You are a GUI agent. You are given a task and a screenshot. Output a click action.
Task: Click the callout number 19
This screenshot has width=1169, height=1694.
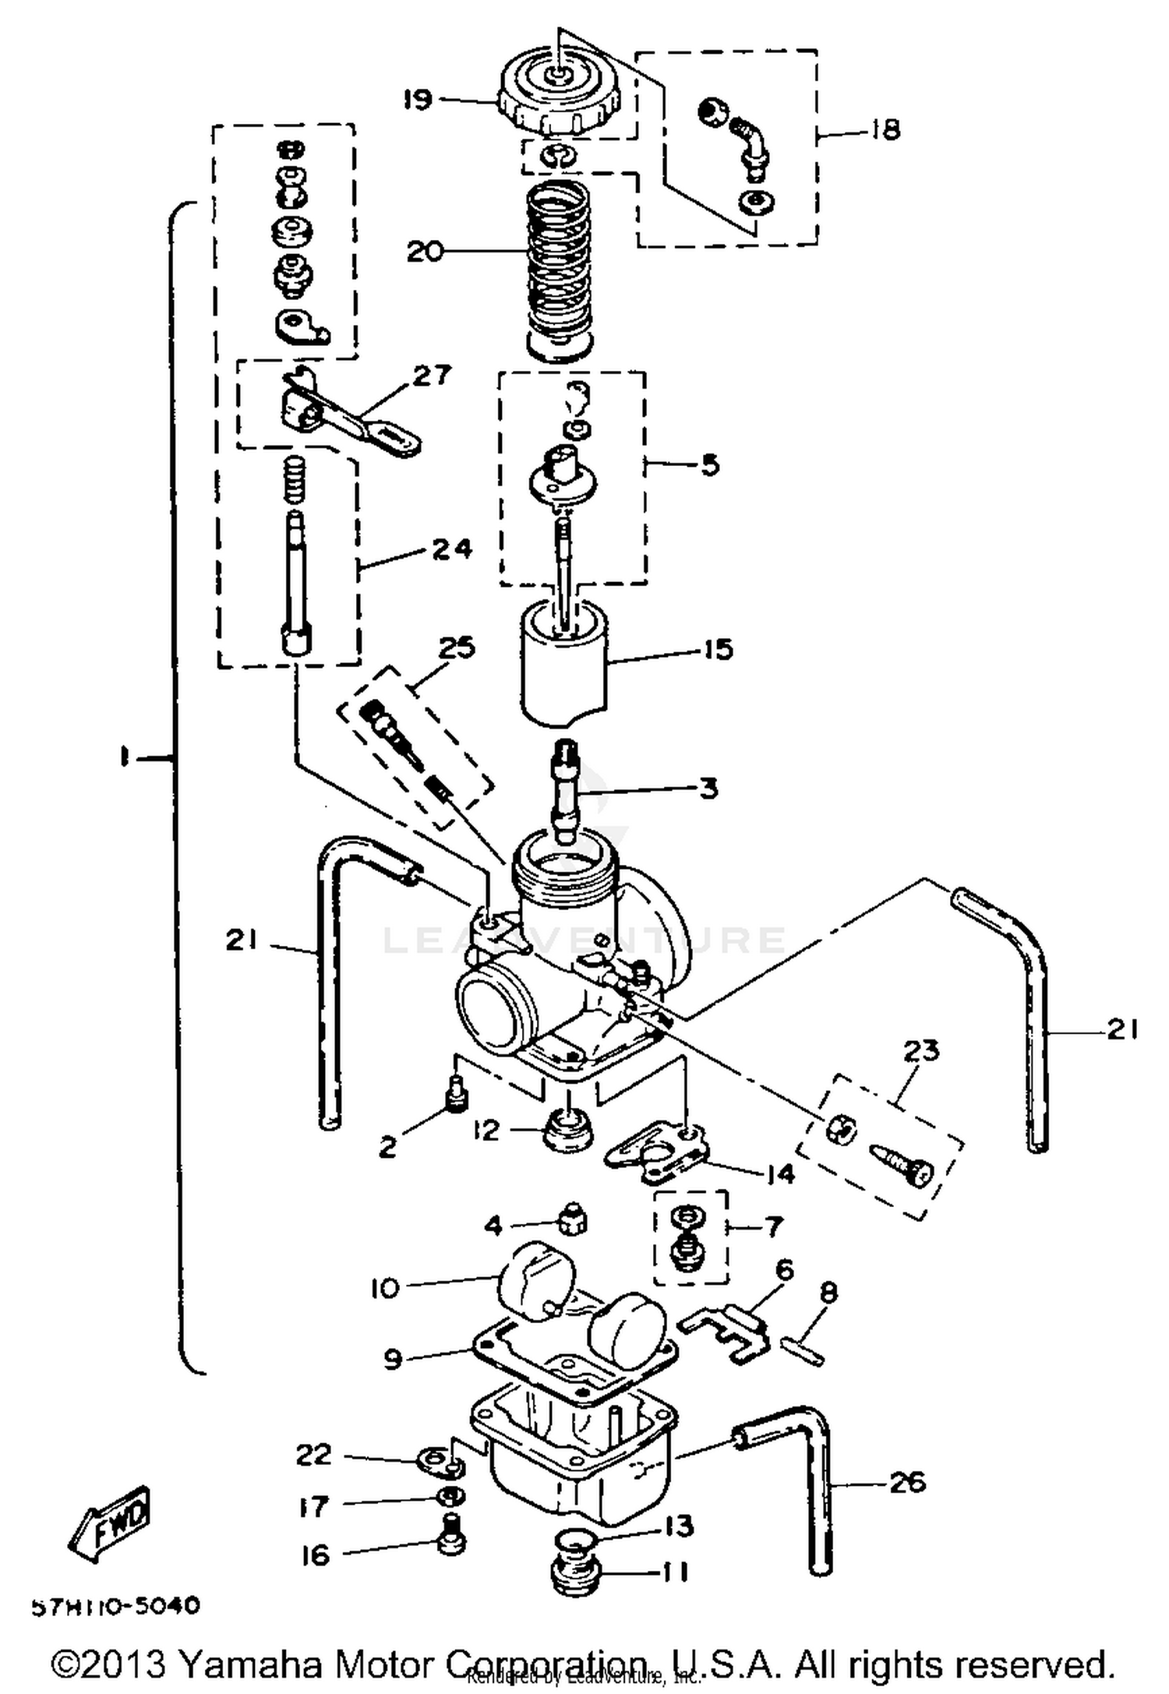[417, 100]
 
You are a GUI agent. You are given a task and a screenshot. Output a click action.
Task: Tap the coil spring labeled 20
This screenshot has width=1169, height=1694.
[560, 265]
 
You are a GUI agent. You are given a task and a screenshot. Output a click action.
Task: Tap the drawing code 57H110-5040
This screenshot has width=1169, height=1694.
[115, 1607]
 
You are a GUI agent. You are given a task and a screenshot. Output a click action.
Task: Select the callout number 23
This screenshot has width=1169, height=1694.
[921, 1051]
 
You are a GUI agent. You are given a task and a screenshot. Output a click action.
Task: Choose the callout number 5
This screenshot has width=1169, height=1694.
[709, 465]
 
